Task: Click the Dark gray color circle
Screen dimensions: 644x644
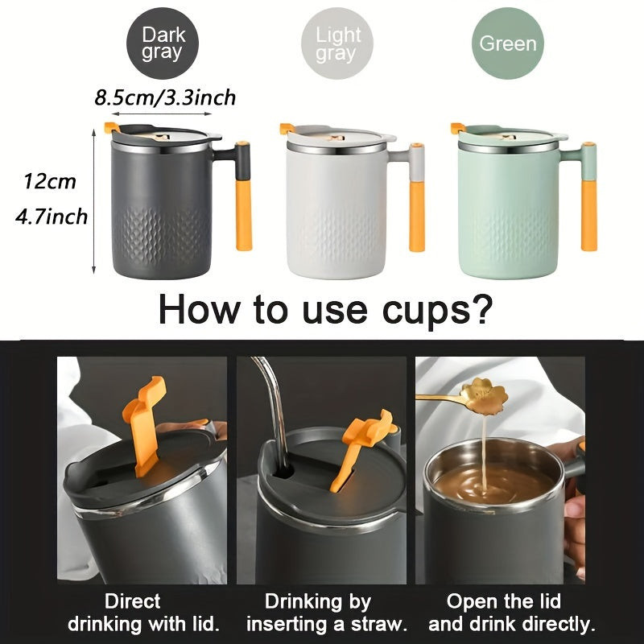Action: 163,43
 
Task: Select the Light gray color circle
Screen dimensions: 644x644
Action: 336,43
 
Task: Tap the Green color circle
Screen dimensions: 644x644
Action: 508,43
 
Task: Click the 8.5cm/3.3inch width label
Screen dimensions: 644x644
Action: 165,97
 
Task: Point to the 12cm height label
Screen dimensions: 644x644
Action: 50,182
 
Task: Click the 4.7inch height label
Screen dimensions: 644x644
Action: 52,217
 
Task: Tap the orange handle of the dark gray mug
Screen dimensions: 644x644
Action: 244,215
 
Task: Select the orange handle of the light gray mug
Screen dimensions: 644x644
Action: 417,216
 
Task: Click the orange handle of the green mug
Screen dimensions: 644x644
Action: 588,215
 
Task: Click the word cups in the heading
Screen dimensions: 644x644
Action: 437,310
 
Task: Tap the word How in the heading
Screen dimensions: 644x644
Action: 198,309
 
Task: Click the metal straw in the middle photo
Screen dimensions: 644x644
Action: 275,411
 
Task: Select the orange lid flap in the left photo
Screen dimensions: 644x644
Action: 145,425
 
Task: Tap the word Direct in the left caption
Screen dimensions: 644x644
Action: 132,601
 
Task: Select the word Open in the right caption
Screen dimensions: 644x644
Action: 470,602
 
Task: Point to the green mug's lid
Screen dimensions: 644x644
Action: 510,135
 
